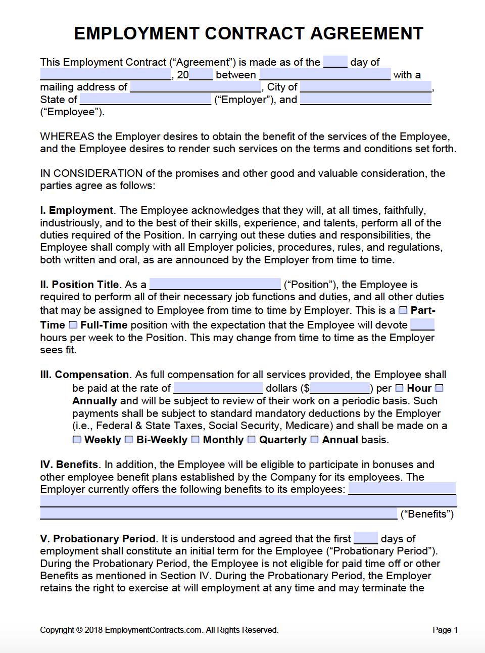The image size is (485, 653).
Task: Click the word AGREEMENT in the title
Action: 366,33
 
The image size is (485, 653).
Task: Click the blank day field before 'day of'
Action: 335,62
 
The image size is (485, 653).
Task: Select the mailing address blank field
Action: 196,86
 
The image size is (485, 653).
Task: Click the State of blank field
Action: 145,99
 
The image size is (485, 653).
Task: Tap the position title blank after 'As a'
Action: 215,284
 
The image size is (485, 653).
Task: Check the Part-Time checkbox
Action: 403,310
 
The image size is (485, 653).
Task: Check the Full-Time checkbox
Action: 73,325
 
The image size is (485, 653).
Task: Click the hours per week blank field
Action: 422,324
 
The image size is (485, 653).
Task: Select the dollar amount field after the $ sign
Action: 340,388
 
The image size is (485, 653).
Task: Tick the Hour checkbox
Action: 399,388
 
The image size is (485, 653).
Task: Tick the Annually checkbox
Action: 439,388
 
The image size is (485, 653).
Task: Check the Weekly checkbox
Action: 77,440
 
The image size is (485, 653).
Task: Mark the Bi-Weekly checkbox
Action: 129,440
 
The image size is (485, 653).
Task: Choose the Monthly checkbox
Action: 196,440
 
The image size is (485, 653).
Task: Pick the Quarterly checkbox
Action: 252,440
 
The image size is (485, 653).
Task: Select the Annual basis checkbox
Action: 314,440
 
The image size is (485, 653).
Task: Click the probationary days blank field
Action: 365,538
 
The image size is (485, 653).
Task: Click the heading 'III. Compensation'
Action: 84,375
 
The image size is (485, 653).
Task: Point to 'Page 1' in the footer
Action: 445,630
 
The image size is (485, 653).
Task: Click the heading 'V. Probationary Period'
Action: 98,539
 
